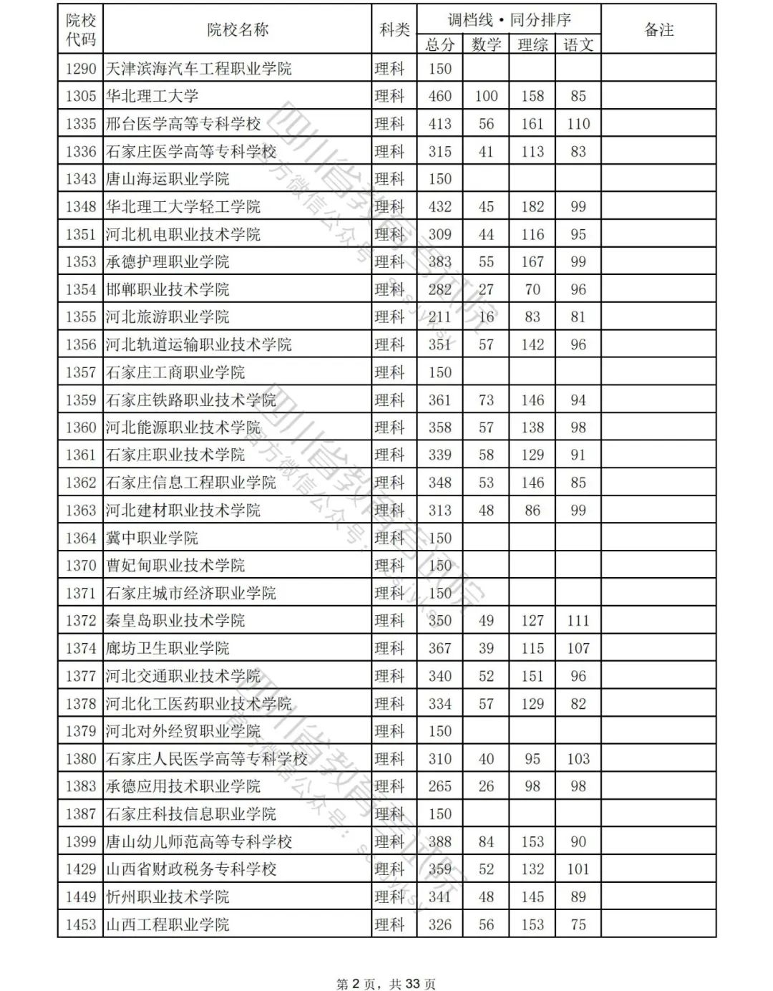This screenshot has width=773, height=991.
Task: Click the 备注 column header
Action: tap(658, 29)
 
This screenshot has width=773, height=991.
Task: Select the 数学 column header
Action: tap(486, 44)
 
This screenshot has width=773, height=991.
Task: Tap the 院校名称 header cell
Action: tap(238, 29)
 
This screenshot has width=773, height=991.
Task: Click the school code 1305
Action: tap(81, 96)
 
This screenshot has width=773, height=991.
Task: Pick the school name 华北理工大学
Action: tap(152, 96)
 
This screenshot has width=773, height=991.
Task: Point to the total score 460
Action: tap(439, 96)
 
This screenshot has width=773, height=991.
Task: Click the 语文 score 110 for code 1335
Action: tap(578, 124)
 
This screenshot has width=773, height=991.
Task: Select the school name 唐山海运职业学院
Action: tap(167, 179)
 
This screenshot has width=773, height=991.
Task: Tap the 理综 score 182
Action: tap(532, 207)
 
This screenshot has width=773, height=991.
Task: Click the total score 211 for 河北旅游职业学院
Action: tap(439, 316)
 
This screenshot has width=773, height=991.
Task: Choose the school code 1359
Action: tap(81, 400)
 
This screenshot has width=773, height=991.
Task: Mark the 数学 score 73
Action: tap(486, 400)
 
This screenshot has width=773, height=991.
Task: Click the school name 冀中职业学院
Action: tap(152, 538)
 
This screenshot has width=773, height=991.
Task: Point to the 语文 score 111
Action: tap(578, 620)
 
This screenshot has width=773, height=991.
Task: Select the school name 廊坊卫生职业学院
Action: tap(167, 648)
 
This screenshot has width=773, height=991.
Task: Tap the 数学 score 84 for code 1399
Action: tap(486, 841)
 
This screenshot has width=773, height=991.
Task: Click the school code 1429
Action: tap(81, 869)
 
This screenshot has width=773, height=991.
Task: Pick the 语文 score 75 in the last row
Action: tap(578, 924)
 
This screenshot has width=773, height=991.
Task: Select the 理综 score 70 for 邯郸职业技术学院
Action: tap(532, 289)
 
